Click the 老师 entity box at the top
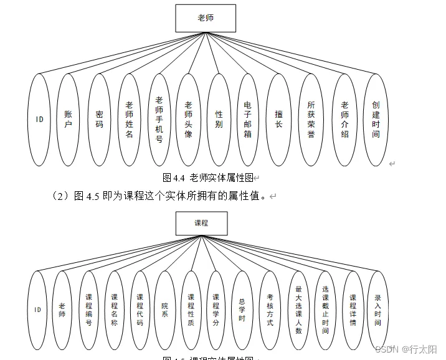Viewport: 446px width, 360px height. (206, 18)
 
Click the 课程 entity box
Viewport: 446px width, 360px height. (201, 223)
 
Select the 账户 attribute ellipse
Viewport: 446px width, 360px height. (69, 120)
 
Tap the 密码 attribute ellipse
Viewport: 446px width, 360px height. (99, 120)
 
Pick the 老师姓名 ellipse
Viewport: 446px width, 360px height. (129, 120)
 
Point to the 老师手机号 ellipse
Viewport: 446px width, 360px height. (159, 120)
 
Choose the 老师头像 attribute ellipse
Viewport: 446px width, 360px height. (189, 120)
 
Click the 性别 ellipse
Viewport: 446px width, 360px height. (219, 120)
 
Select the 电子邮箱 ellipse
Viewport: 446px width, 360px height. (248, 120)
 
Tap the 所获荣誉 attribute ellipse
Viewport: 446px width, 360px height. (311, 120)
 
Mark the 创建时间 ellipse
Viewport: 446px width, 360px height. (376, 120)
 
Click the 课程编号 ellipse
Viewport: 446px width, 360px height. (89, 310)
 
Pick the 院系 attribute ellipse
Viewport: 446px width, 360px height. (165, 310)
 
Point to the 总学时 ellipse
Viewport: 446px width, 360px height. (242, 310)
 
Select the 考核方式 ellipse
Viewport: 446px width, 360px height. (270, 310)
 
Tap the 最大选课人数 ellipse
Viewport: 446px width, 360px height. (298, 310)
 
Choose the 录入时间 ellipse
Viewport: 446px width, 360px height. (377, 310)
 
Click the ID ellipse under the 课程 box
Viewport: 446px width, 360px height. (37, 310)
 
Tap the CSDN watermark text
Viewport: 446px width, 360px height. (386, 349)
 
